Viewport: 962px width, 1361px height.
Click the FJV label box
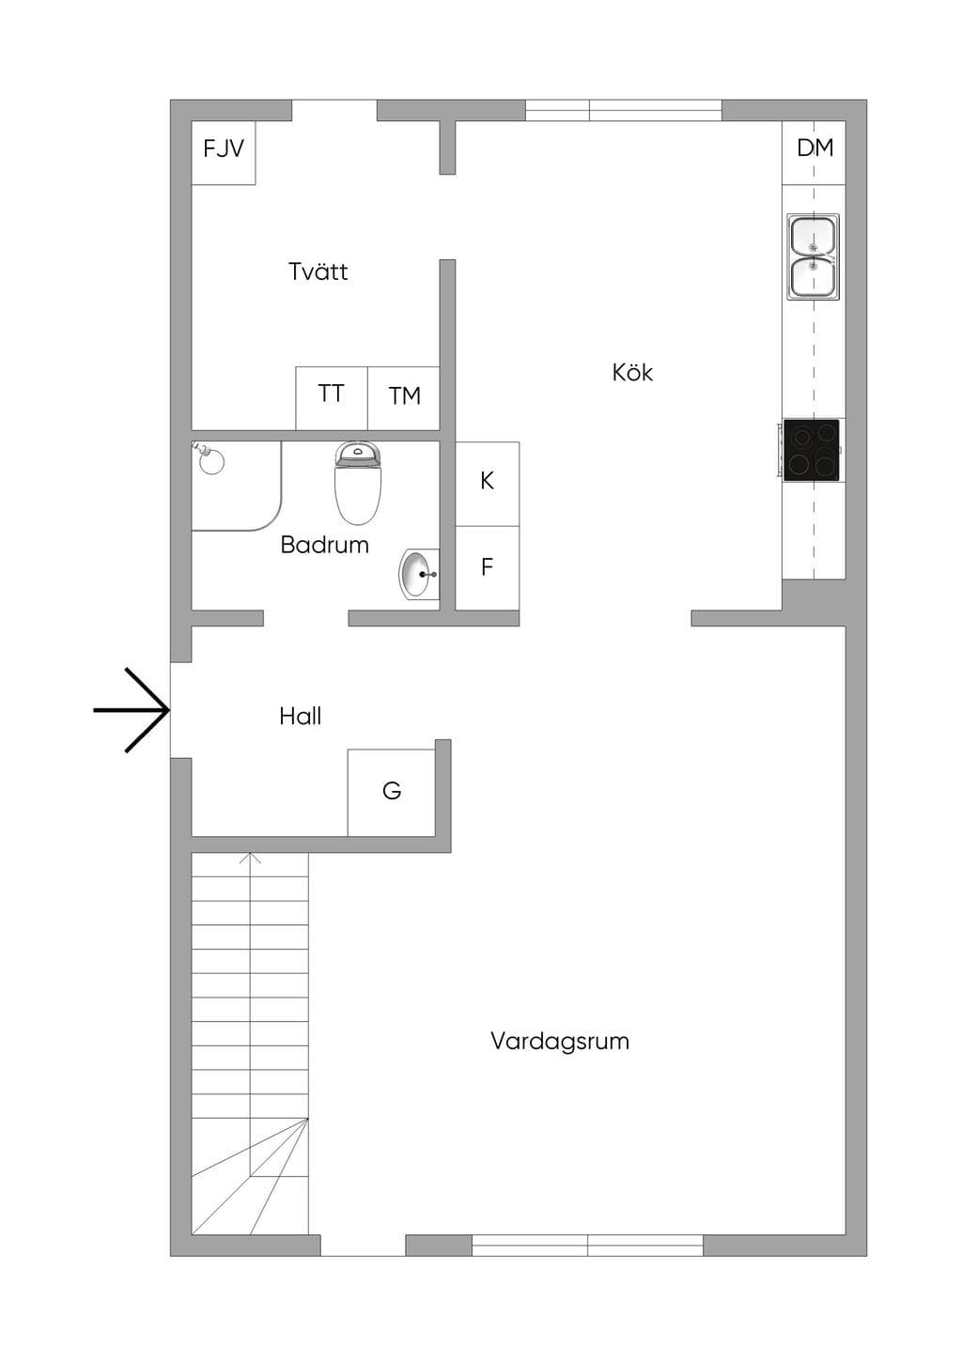point(224,152)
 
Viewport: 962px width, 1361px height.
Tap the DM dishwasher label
point(815,147)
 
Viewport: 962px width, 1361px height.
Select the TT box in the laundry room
point(332,398)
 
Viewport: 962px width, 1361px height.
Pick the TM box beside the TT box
point(404,398)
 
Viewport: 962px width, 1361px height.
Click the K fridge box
point(488,484)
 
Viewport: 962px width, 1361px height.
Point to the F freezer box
point(488,568)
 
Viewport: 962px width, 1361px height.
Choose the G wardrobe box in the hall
point(392,793)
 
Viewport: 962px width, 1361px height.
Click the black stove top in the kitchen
point(812,450)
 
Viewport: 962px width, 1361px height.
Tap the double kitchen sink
point(814,256)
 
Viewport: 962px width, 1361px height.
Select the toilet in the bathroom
point(358,483)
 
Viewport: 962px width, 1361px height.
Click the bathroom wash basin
point(419,574)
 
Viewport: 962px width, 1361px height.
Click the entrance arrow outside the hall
point(132,710)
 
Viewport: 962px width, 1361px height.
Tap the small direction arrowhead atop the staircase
point(251,858)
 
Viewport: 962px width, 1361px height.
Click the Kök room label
point(632,373)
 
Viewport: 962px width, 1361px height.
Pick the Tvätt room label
point(318,271)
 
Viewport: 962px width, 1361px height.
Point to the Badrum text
point(324,545)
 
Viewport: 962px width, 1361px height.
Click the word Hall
point(301,717)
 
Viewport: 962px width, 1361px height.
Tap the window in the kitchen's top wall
point(624,111)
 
